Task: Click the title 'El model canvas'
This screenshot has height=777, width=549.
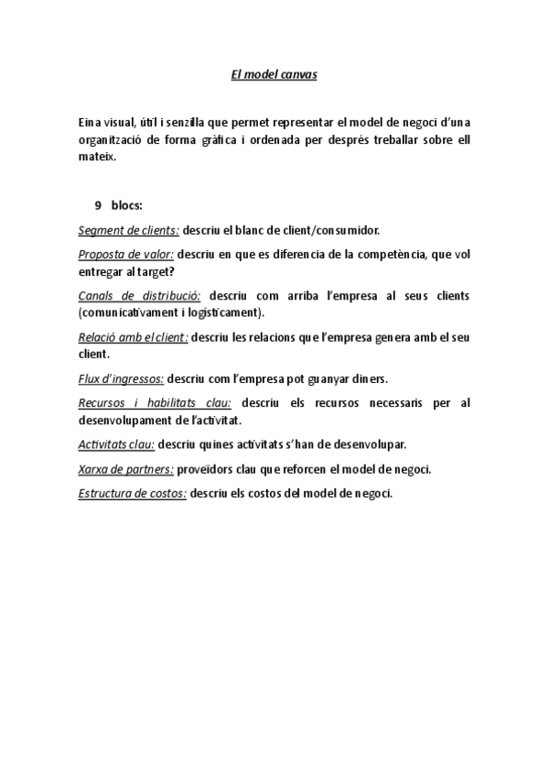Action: pyautogui.click(x=274, y=74)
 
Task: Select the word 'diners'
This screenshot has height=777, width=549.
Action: pyautogui.click(x=370, y=378)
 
